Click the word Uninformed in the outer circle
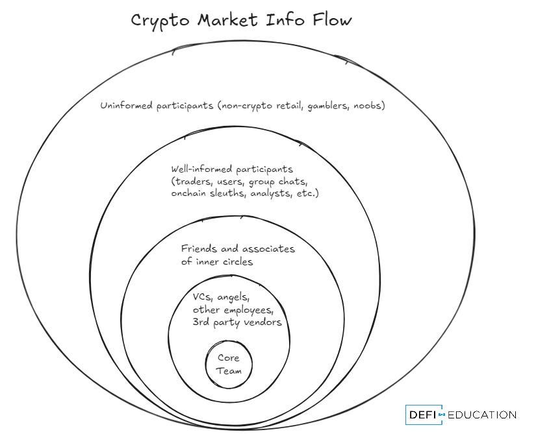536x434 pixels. (x=125, y=105)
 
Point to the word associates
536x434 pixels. (x=268, y=249)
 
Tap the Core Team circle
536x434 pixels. (x=228, y=364)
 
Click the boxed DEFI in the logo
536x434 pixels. (x=422, y=415)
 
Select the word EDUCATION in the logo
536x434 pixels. (x=481, y=415)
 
